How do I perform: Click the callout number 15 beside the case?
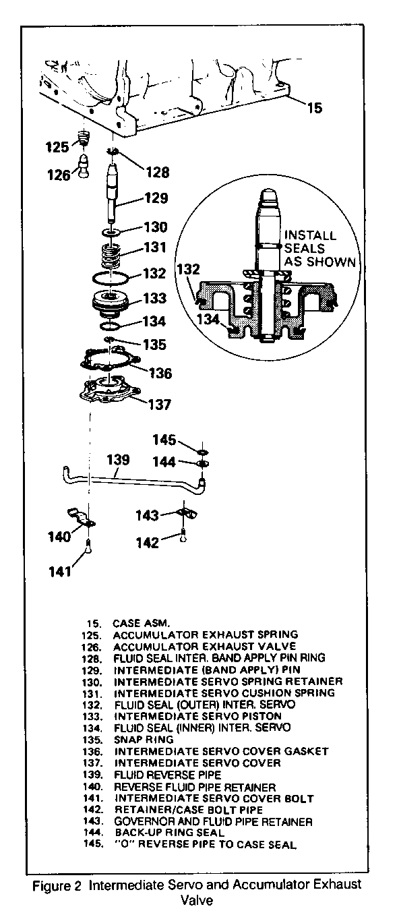315,108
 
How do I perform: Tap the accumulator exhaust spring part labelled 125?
84,137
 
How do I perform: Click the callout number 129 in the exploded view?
156,198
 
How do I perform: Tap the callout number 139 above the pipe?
118,459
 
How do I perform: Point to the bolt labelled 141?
88,545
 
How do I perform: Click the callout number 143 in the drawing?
147,515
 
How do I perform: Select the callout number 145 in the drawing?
164,440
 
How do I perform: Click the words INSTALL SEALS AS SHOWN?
319,248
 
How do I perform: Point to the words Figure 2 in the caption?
57,883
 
